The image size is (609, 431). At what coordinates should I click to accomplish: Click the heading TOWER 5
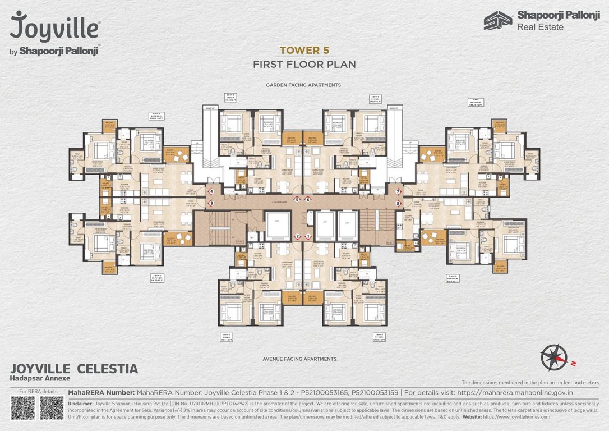click(304, 50)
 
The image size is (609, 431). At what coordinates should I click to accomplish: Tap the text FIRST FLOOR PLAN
click(304, 64)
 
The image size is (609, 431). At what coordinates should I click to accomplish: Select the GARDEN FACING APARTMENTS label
click(304, 85)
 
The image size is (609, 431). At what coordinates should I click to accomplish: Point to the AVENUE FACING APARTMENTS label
click(299, 359)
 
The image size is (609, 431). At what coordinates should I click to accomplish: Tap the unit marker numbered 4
click(211, 192)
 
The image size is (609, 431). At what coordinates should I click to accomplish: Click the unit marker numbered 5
click(297, 199)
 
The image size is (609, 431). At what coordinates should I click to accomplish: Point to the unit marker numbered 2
click(298, 236)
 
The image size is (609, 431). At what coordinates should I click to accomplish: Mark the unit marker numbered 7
click(398, 192)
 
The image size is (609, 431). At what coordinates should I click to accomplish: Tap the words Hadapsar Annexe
click(36, 380)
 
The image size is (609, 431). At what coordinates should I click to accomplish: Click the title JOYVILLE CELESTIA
click(74, 369)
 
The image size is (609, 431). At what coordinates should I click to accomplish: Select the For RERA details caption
click(38, 391)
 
